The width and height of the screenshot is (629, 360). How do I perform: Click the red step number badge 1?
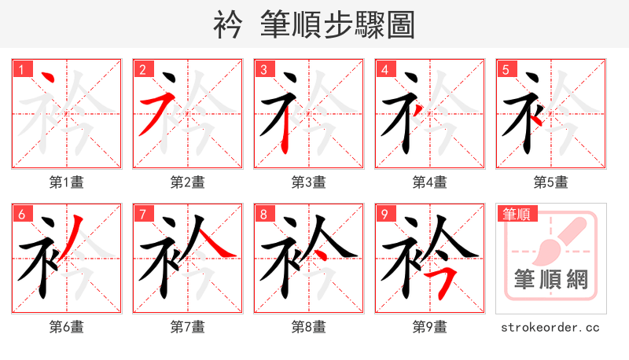click(21, 70)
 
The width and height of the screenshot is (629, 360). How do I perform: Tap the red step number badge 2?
click(142, 70)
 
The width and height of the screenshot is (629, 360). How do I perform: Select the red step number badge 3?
click(263, 70)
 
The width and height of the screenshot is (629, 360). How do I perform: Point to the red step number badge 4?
click(384, 70)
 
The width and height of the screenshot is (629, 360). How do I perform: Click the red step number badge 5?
click(506, 70)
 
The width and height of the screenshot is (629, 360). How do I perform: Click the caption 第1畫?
click(67, 182)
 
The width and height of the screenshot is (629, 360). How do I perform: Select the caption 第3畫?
click(309, 182)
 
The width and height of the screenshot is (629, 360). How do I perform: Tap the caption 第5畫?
click(551, 182)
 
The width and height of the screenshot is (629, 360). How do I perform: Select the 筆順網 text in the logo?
click(551, 280)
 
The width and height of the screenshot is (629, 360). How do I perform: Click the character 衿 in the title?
click(229, 25)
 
